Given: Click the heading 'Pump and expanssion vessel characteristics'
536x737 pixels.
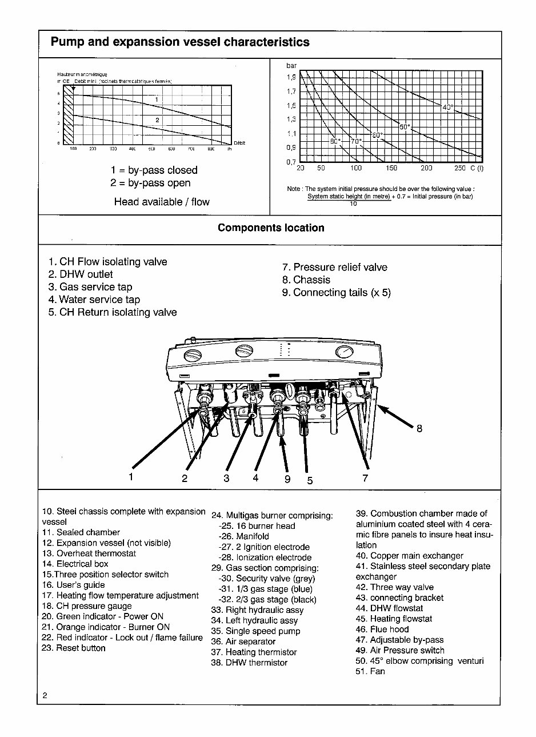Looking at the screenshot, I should (180, 42).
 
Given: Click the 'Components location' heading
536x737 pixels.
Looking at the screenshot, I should (271, 228).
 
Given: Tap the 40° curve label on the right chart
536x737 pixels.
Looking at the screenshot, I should (448, 107).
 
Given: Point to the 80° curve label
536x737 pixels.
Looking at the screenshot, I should (335, 141).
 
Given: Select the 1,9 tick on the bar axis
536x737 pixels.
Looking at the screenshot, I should (291, 77).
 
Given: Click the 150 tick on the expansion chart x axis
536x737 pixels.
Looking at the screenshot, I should (391, 169).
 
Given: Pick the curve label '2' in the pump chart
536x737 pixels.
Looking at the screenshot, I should (157, 120).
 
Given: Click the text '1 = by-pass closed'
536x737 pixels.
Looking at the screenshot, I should (154, 170).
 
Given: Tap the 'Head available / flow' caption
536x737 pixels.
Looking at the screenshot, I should (162, 202).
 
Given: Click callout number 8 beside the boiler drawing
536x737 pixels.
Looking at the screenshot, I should (419, 429).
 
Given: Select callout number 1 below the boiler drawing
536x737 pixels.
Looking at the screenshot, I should (131, 477).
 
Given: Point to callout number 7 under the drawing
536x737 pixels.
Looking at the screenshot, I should (366, 478).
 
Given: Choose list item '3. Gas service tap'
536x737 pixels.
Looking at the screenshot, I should (90, 287).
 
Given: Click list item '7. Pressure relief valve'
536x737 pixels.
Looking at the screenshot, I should (334, 267).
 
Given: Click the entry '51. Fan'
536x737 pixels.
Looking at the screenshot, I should (370, 671).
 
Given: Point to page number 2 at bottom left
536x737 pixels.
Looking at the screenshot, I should (45, 696).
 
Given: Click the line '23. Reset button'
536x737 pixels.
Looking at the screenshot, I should (74, 648).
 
